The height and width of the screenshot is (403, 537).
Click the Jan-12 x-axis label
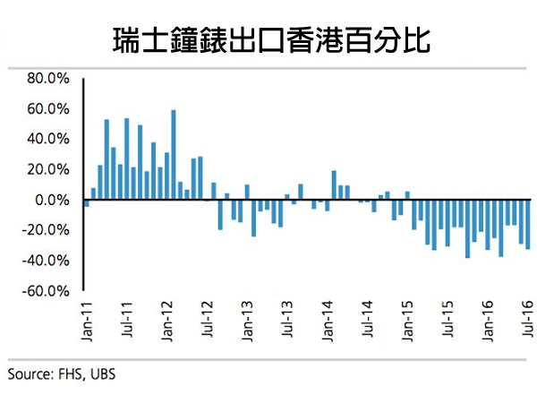pyautogui.click(x=166, y=319)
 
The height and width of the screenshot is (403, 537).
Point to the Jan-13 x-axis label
pyautogui.click(x=247, y=319)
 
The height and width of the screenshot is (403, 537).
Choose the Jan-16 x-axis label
pyautogui.click(x=489, y=319)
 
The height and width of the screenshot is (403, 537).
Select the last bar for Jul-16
pyautogui.click(x=528, y=224)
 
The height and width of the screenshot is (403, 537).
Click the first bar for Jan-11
pyautogui.click(x=86, y=203)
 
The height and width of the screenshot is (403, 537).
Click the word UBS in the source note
pyautogui.click(x=101, y=374)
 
